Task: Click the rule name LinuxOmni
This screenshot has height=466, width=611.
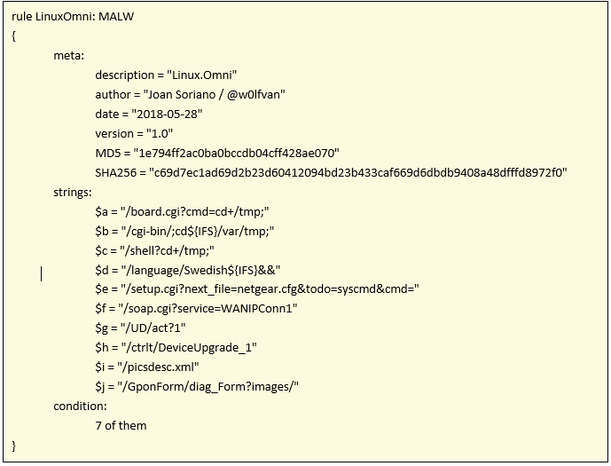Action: click(65, 16)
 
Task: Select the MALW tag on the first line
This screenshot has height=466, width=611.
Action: click(116, 16)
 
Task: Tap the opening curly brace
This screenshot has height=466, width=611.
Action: click(14, 36)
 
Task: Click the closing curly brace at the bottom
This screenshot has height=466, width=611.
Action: click(14, 446)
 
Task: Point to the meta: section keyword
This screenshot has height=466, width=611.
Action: click(68, 55)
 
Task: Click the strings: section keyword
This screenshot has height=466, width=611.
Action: click(73, 193)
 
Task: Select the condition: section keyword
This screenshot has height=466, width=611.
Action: click(80, 407)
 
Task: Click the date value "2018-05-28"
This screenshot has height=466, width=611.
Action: click(167, 114)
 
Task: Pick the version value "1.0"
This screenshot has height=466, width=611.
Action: click(160, 133)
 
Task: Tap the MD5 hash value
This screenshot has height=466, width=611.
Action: click(236, 153)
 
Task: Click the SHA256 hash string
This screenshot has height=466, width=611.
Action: click(358, 172)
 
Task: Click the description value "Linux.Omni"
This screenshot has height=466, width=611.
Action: click(202, 75)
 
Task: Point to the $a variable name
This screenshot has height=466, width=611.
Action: click(101, 212)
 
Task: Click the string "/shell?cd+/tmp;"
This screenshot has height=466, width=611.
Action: click(168, 250)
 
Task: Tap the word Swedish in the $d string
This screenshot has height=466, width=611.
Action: click(206, 270)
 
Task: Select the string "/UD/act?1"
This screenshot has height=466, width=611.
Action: click(153, 328)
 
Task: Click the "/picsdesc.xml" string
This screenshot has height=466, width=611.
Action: click(158, 367)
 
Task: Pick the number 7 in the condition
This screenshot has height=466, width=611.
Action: click(98, 425)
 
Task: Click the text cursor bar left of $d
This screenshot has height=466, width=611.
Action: click(41, 273)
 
